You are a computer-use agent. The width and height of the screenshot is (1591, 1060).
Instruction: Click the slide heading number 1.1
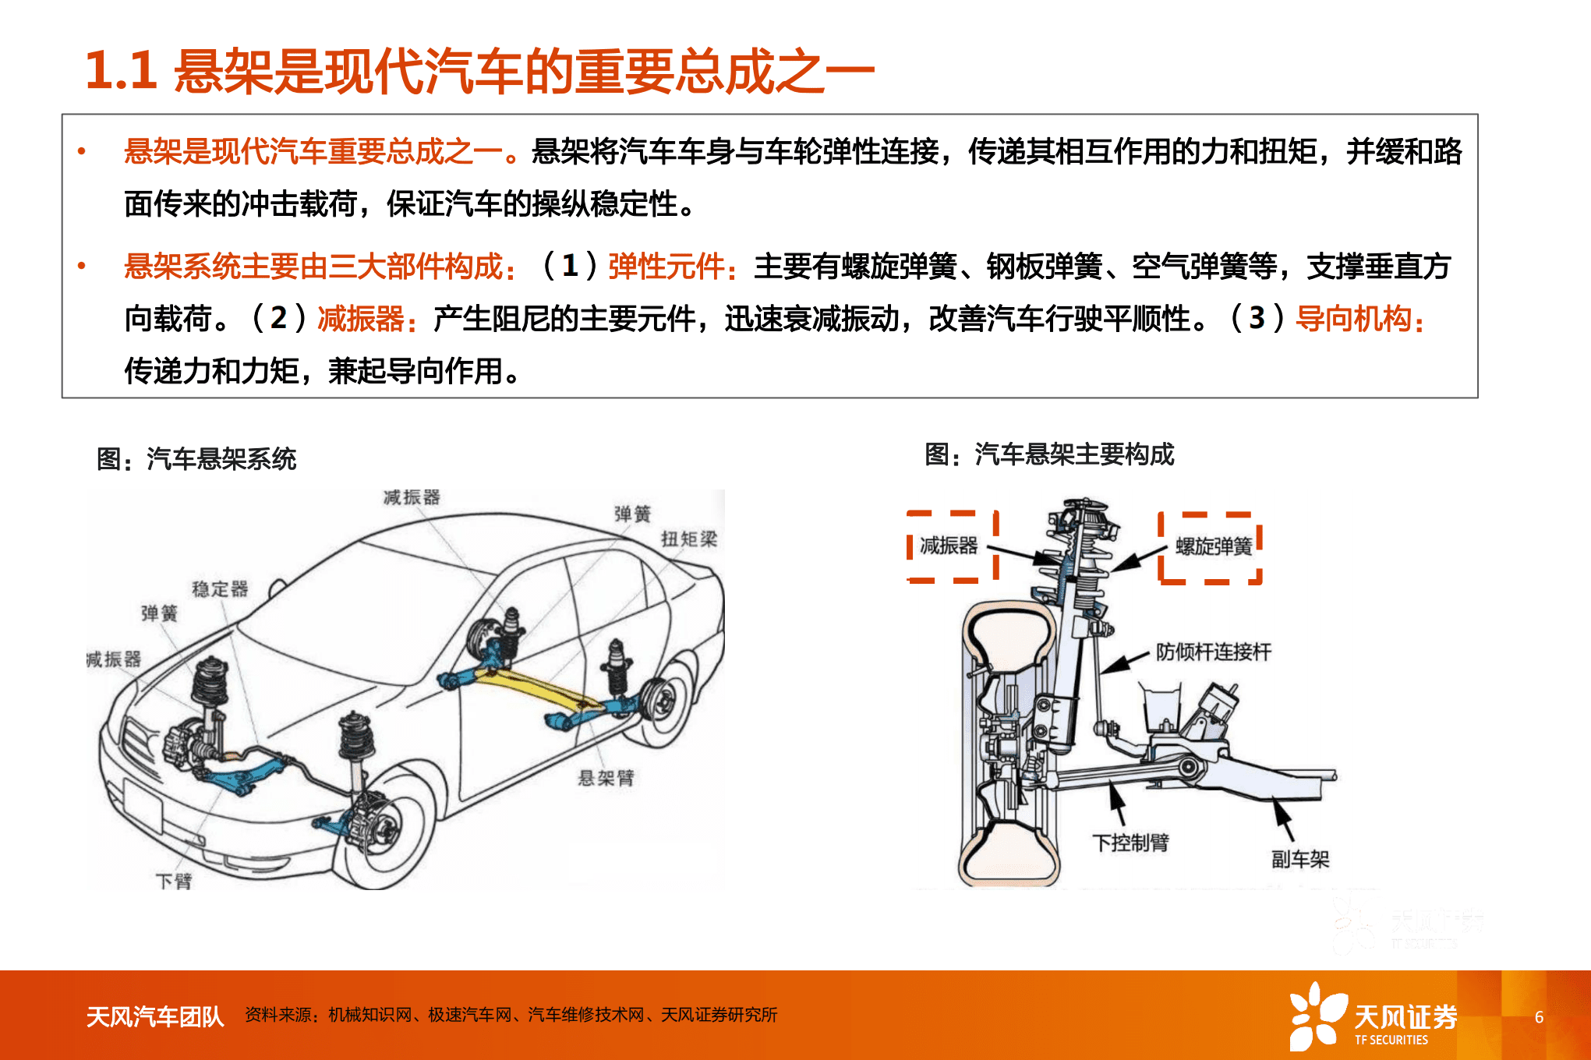pos(121,71)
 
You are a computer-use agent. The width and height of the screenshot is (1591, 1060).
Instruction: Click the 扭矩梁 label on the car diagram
pos(688,539)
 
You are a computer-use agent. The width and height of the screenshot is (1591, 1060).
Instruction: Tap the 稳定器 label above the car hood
pos(220,588)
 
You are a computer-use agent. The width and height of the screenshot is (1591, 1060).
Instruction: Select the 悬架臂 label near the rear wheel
pos(606,777)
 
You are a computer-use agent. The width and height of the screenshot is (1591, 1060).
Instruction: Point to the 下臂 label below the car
pos(174,881)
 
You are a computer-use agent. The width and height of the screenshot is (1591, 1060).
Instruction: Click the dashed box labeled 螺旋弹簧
pos(1211,547)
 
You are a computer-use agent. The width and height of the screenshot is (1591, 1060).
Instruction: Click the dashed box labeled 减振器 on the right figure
pos(952,546)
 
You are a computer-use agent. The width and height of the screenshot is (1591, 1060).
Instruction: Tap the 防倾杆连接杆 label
pos(1213,652)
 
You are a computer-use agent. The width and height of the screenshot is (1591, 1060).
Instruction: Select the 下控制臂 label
pos(1130,843)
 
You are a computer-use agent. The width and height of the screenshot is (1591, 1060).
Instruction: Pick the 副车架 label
pos(1299,859)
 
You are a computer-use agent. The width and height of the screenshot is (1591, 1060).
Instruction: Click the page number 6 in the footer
pos(1539,1016)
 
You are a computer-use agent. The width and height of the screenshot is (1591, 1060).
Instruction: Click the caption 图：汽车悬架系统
pos(196,459)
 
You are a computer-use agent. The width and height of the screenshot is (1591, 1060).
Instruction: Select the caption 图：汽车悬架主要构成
pos(1049,454)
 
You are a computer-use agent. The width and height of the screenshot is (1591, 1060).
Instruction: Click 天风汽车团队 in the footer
pos(155,1016)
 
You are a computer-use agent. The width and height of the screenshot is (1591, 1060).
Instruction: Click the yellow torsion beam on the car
pos(538,690)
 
